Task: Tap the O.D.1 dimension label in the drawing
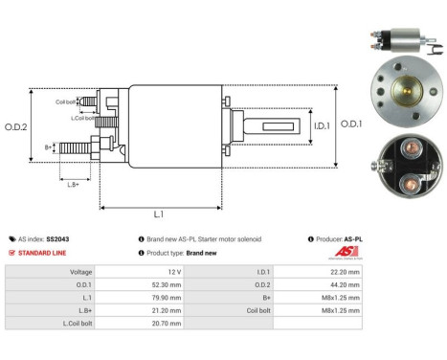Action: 353,124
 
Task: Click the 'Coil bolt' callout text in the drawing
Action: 66,101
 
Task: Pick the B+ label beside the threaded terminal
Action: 49,146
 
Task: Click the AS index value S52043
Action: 58,238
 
